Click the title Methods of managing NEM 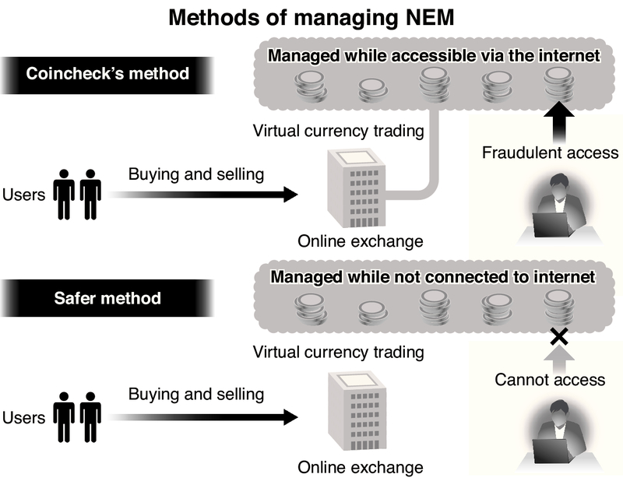coord(311,17)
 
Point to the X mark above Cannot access coord(557,337)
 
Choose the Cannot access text coord(550,380)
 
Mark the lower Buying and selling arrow coord(210,416)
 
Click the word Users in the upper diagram coord(24,195)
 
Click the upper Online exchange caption coord(361,241)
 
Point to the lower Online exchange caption coord(361,467)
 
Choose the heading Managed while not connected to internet coord(433,277)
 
